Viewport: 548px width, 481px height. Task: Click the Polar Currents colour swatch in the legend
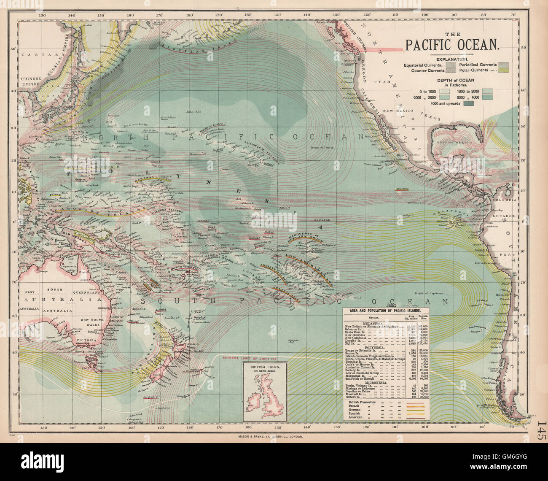[x=503, y=71]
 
